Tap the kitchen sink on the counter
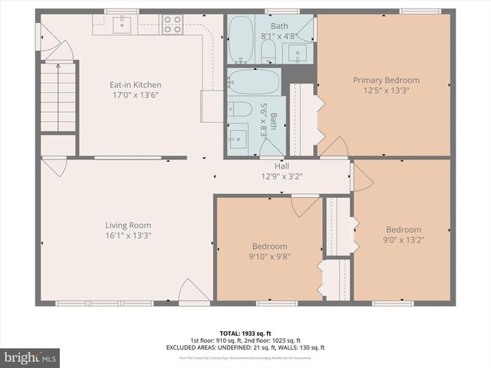pos(123,25)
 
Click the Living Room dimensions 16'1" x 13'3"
pos(128,236)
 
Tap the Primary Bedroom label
pos(386,80)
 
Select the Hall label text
pos(282,166)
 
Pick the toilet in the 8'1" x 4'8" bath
pos(268,50)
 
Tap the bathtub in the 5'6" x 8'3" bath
pos(253,82)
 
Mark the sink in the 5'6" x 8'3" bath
pos(238,138)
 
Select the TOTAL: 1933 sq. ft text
pos(245,333)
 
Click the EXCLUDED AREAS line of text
pos(245,347)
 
